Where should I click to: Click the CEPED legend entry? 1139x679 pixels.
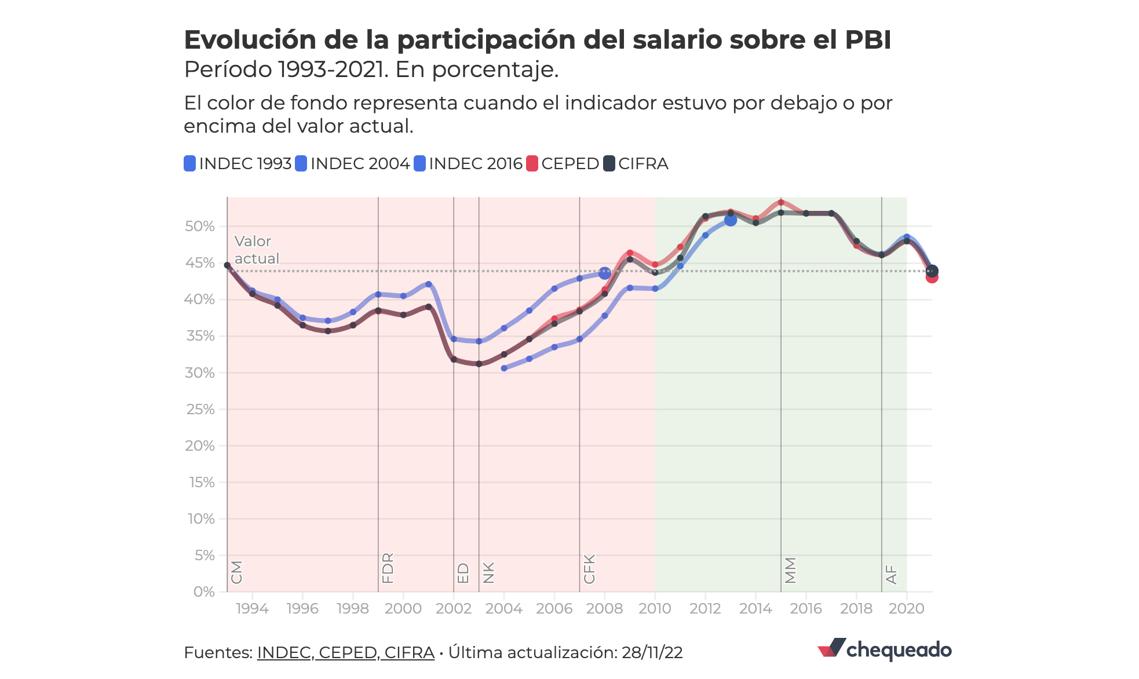click(563, 164)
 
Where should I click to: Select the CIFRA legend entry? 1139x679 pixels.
click(636, 164)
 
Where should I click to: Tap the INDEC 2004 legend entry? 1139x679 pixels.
click(353, 164)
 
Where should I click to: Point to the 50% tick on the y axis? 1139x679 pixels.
click(200, 227)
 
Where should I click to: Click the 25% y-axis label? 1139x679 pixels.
click(200, 410)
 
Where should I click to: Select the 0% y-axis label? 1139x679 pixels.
click(204, 592)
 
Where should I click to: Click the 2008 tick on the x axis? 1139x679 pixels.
click(604, 609)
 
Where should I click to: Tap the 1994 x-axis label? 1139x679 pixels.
click(252, 609)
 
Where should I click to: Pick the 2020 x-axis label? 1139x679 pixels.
click(906, 609)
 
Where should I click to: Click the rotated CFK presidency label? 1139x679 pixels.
click(589, 569)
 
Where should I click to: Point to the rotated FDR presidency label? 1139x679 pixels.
click(388, 568)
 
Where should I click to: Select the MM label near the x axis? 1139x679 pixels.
click(791, 571)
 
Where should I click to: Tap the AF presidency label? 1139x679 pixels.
click(892, 575)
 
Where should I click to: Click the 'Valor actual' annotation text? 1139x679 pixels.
click(256, 250)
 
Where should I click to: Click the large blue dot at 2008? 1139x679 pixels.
click(604, 273)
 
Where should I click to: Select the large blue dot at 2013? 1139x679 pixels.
click(731, 220)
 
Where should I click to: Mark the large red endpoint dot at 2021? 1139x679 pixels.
click(932, 278)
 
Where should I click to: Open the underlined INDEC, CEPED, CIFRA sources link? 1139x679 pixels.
click(345, 653)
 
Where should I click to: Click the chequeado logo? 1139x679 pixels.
click(884, 649)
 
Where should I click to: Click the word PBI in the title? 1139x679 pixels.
click(867, 40)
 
